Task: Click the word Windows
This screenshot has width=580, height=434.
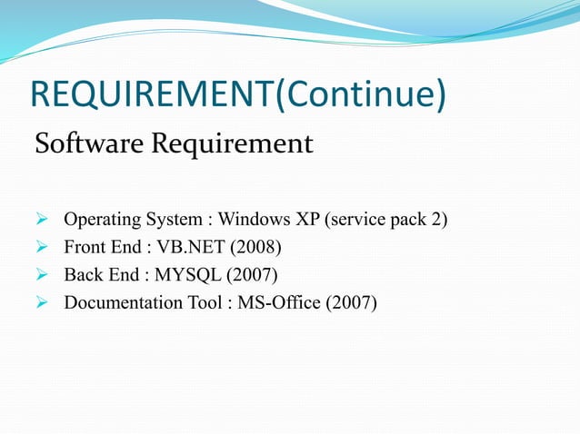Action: [253, 220]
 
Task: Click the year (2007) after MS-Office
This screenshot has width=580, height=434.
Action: [345, 301]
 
